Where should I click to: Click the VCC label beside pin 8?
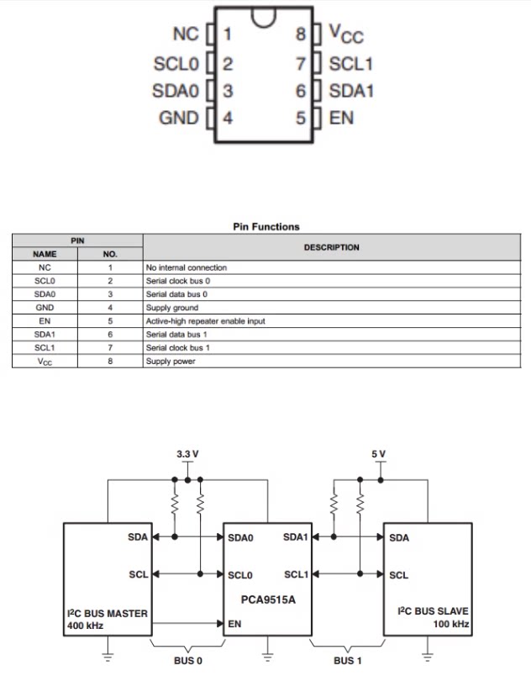[346, 34]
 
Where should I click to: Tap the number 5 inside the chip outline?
[301, 118]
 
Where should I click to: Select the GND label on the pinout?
[179, 118]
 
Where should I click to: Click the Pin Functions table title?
[266, 227]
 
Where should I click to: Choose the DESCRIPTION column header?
[332, 247]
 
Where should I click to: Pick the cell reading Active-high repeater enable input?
[205, 321]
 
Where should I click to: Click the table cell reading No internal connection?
[187, 267]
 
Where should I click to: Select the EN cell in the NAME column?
[45, 321]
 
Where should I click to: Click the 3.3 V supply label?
[187, 454]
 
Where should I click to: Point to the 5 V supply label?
[379, 454]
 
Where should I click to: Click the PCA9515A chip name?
[268, 599]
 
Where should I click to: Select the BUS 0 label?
[187, 661]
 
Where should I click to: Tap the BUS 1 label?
[348, 661]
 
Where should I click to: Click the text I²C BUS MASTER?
[108, 613]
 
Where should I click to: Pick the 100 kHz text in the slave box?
[451, 624]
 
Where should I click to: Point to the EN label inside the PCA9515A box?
[234, 624]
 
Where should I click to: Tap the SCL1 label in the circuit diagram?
[297, 574]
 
